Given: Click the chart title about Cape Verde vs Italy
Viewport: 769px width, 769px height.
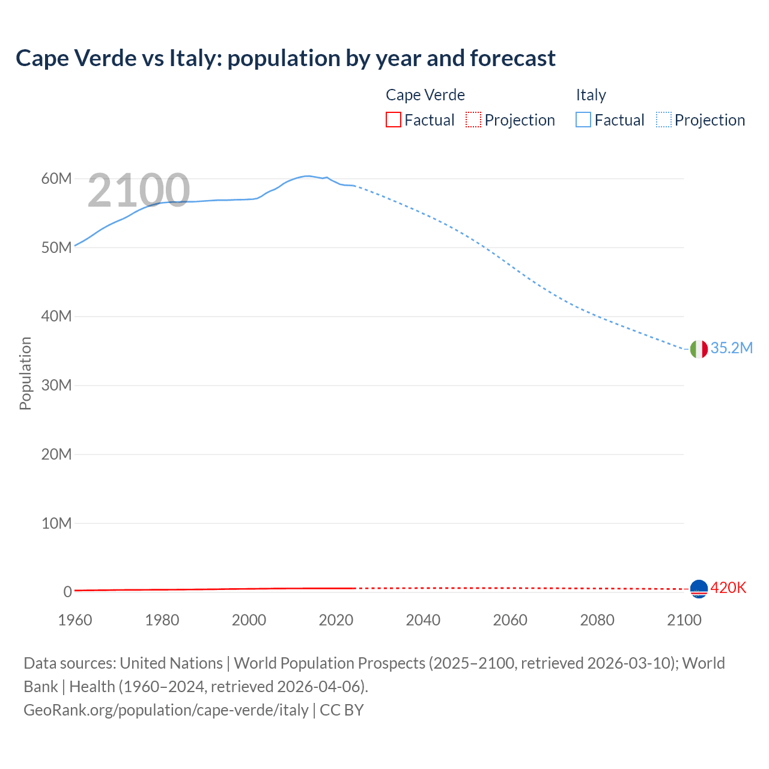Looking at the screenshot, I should click(285, 58).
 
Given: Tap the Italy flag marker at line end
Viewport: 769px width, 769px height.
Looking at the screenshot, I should click(699, 349).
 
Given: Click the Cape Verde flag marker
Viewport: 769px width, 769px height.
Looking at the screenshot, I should click(699, 589).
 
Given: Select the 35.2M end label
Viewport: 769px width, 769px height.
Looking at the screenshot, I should click(731, 348).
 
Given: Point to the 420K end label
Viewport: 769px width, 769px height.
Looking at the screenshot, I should click(728, 588).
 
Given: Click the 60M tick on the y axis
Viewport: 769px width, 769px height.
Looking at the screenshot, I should click(56, 178).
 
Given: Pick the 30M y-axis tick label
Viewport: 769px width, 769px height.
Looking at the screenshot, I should click(56, 385).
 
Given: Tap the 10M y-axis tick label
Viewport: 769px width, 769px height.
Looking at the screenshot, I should click(56, 523).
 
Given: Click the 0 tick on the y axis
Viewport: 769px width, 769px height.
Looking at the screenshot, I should click(67, 592).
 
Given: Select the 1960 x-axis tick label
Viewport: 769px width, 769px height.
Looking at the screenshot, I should click(75, 620).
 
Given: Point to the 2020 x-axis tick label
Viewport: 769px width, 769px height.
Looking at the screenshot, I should click(336, 620).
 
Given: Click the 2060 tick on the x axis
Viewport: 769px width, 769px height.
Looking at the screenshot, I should click(510, 620).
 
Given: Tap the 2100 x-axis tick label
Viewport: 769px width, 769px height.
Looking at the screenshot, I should click(684, 620).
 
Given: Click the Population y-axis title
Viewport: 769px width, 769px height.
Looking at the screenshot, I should click(25, 373).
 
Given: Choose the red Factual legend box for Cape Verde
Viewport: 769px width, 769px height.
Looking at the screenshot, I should click(394, 120).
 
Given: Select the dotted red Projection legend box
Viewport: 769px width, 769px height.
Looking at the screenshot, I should click(473, 120).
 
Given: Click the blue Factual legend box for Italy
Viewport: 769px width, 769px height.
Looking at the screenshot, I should click(583, 120).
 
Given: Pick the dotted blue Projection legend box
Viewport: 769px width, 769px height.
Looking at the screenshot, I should click(664, 120).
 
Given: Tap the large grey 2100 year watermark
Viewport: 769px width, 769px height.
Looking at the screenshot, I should click(139, 190).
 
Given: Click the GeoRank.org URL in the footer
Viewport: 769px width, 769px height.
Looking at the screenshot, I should click(166, 710).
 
